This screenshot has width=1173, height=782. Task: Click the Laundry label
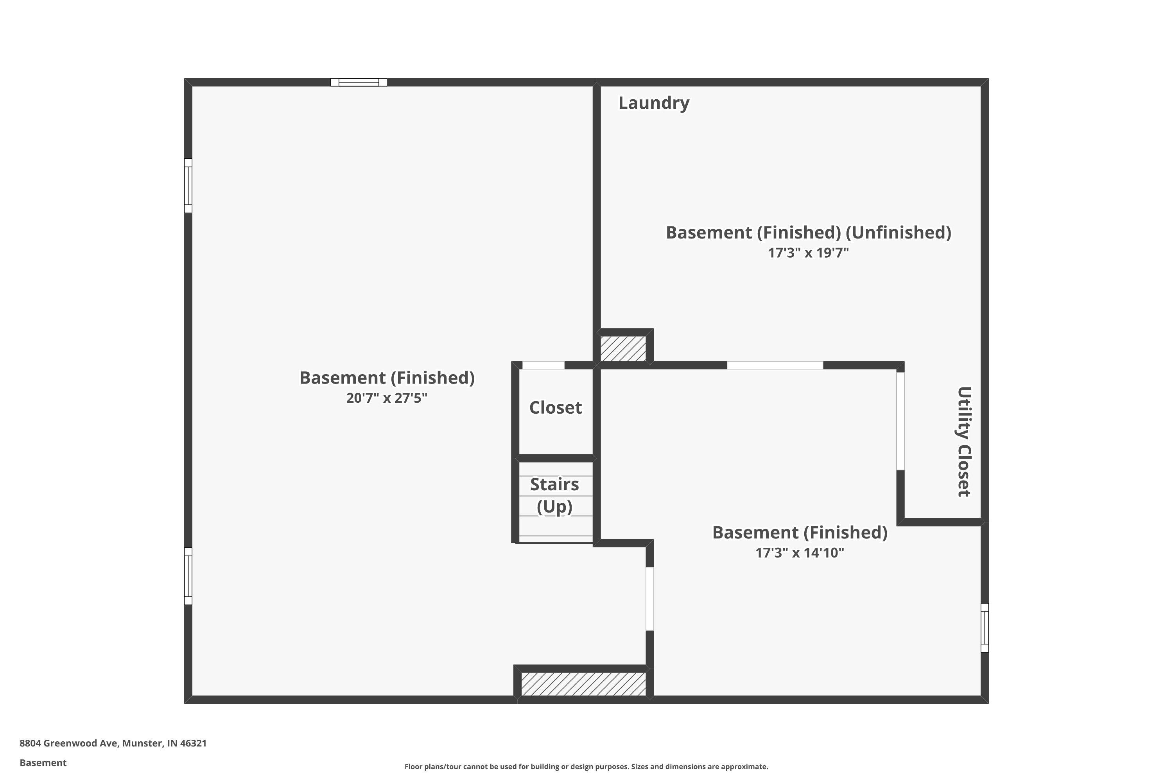point(654,103)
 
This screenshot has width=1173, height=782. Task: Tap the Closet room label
point(555,407)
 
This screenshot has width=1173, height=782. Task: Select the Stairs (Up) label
point(554,495)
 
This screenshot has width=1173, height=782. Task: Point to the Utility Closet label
point(963,442)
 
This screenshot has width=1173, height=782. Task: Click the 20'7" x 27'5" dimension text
point(387,398)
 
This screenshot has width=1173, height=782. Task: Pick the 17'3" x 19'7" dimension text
point(808,253)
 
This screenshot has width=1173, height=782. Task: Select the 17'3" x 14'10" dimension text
point(800,552)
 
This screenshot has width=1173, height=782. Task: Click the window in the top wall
point(359,82)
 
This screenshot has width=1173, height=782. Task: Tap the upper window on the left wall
point(188,185)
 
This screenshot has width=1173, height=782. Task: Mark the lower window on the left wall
point(188,576)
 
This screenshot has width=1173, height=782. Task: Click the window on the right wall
point(985,628)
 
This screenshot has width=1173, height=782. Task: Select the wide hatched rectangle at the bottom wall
point(583,684)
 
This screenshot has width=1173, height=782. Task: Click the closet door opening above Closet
point(543,365)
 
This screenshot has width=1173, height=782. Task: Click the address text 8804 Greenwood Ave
point(68,743)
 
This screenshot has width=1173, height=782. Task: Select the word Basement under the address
point(43,762)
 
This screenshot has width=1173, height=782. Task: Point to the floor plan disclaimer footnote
point(586,766)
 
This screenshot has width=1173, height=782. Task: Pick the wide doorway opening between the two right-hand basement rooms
point(775,365)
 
